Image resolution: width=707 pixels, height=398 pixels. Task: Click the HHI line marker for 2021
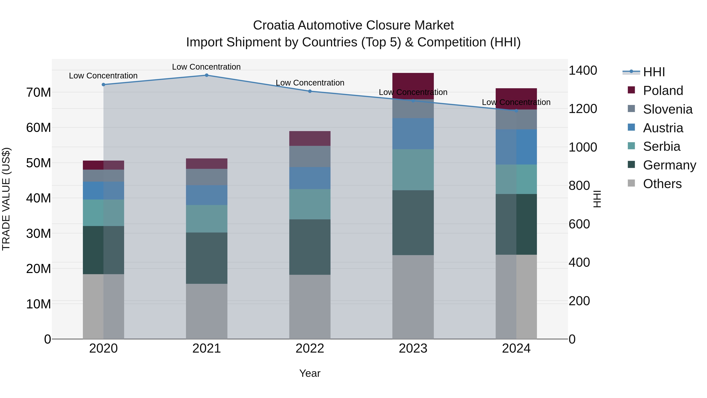pyautogui.click(x=207, y=75)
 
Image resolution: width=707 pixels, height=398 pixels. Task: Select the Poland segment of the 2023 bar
pyautogui.click(x=413, y=86)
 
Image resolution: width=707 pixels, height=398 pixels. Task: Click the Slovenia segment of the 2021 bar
pyautogui.click(x=207, y=177)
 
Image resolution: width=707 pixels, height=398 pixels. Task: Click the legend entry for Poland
pyautogui.click(x=663, y=91)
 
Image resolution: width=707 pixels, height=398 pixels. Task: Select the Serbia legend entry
pyautogui.click(x=661, y=146)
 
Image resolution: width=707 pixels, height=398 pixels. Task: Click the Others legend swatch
pyautogui.click(x=631, y=183)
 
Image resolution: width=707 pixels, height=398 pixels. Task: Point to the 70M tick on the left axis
pyautogui.click(x=38, y=93)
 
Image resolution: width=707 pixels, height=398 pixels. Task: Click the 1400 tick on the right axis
pyautogui.click(x=582, y=71)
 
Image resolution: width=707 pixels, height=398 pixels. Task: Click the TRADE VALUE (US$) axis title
pyautogui.click(x=6, y=199)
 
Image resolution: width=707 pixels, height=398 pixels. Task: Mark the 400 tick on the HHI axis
pyautogui.click(x=579, y=262)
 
